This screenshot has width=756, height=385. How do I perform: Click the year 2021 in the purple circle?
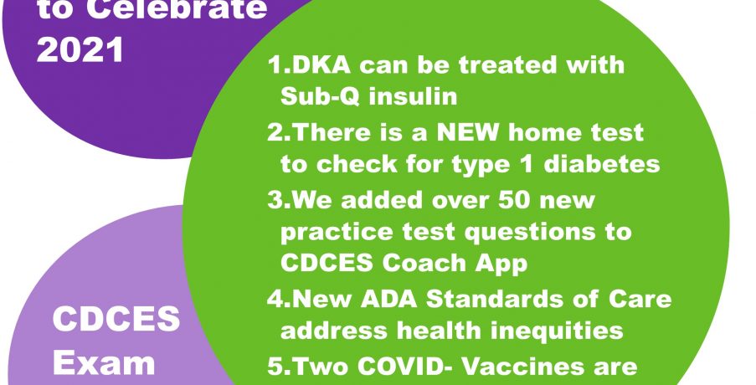click(x=80, y=50)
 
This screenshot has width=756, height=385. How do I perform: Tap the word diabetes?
click(x=602, y=164)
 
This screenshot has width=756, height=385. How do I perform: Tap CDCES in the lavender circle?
click(x=116, y=319)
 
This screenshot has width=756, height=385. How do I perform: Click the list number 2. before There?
click(x=279, y=132)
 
